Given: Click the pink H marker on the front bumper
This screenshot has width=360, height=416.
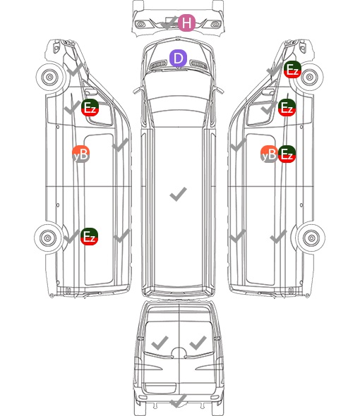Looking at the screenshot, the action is pyautogui.click(x=186, y=23).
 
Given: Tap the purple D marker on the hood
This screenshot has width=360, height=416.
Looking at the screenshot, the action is pyautogui.click(x=178, y=59).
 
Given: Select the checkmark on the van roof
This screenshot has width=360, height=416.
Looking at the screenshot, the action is pyautogui.click(x=178, y=194).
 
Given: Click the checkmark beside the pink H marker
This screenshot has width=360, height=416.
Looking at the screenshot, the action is pyautogui.click(x=169, y=23).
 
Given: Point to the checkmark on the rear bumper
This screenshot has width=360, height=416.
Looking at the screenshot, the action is pyautogui.click(x=179, y=400).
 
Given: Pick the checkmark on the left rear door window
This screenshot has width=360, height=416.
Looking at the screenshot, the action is pyautogui.click(x=160, y=343).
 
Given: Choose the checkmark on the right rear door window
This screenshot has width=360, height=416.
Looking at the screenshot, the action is pyautogui.click(x=198, y=343).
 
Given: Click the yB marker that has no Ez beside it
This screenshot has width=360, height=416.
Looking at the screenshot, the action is pyautogui.click(x=80, y=154).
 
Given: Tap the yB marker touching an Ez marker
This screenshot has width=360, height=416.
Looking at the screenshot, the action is pyautogui.click(x=269, y=154).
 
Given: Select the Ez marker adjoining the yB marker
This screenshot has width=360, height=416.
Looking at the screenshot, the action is pyautogui.click(x=287, y=154).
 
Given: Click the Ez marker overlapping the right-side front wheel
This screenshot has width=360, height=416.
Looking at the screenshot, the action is pyautogui.click(x=292, y=70).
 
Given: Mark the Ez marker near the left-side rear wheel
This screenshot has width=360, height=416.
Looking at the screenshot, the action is pyautogui.click(x=89, y=236).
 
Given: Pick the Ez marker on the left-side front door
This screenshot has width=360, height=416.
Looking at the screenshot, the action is pyautogui.click(x=90, y=108).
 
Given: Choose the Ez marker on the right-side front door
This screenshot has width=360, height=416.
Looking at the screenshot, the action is pyautogui.click(x=287, y=108).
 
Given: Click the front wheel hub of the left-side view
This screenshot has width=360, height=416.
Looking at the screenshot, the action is pyautogui.click(x=49, y=77).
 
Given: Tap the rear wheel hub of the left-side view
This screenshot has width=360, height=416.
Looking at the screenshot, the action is pyautogui.click(x=48, y=238).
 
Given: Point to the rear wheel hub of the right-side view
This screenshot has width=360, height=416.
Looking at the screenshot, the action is pyautogui.click(x=311, y=238).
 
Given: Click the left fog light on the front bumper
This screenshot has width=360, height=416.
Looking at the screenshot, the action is pyautogui.click(x=140, y=25).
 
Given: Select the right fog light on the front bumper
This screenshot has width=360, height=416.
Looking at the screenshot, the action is pyautogui.click(x=215, y=25).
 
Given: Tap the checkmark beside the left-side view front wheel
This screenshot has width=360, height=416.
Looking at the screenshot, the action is pyautogui.click(x=75, y=70).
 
